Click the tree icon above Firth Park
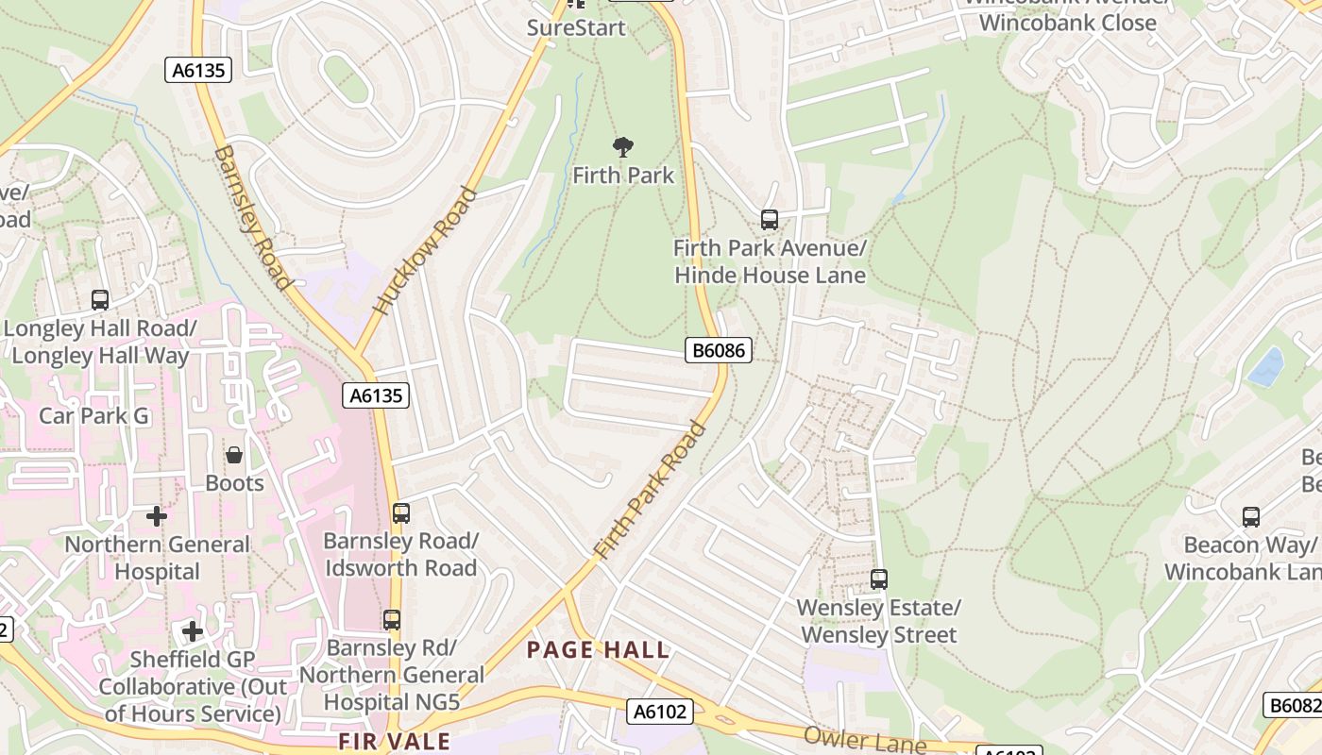pyautogui.click(x=622, y=147)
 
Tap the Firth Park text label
pyautogui.click(x=623, y=176)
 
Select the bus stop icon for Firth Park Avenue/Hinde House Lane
pyautogui.click(x=770, y=220)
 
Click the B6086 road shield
pyautogui.click(x=719, y=351)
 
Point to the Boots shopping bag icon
pyautogui.click(x=234, y=456)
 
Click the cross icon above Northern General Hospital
pyautogui.click(x=157, y=516)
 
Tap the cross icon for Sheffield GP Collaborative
pyautogui.click(x=193, y=630)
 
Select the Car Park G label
pyautogui.click(x=93, y=415)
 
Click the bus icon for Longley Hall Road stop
pyautogui.click(x=100, y=300)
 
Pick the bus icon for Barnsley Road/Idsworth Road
pyautogui.click(x=401, y=513)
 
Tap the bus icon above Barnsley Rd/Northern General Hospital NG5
pyautogui.click(x=391, y=620)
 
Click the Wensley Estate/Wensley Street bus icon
pyautogui.click(x=879, y=579)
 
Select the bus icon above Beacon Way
pyautogui.click(x=1251, y=517)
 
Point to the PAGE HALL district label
pyautogui.click(x=598, y=650)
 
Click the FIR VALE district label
pyautogui.click(x=394, y=742)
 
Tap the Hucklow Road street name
pyautogui.click(x=424, y=250)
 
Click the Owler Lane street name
pyautogui.click(x=864, y=740)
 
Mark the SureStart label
pyautogui.click(x=576, y=27)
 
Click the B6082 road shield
pyautogui.click(x=1293, y=705)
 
